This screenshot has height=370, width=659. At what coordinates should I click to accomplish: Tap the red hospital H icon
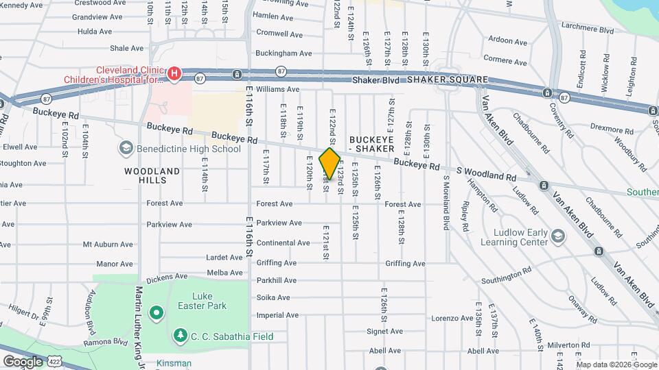[x=174, y=73]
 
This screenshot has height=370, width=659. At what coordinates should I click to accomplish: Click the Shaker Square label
[x=447, y=79]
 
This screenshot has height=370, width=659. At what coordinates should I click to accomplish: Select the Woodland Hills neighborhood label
[x=152, y=175]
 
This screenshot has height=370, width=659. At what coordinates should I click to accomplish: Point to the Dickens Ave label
[x=167, y=277]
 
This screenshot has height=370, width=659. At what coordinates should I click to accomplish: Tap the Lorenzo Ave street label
[x=452, y=318]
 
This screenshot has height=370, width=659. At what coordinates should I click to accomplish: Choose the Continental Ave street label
[x=283, y=243]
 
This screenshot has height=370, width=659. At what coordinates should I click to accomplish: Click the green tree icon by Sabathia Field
[x=180, y=336]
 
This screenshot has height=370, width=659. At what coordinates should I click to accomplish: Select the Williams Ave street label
[x=277, y=89]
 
